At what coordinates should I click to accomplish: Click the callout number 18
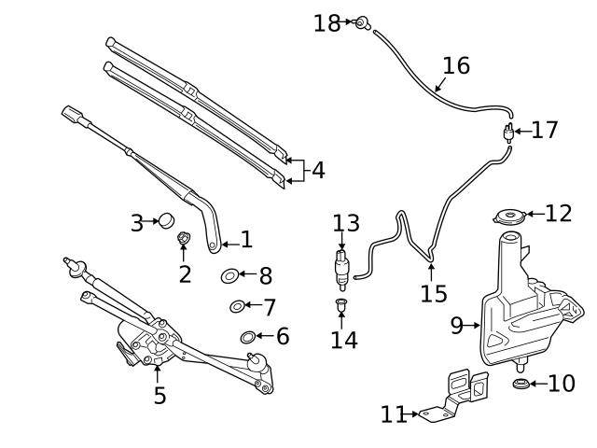(326, 23)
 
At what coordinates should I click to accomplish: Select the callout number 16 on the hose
(456, 66)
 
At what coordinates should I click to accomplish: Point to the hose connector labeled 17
(508, 132)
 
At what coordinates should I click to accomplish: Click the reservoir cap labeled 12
(508, 217)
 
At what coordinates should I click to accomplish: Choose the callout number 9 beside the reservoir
(457, 326)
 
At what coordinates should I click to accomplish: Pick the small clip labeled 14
(342, 305)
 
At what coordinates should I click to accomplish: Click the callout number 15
(434, 294)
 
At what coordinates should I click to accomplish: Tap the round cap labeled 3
(165, 221)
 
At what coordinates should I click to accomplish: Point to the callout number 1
(246, 240)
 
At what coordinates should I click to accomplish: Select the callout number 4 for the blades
(318, 171)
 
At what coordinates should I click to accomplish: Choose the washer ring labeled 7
(237, 306)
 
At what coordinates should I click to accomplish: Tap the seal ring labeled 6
(248, 337)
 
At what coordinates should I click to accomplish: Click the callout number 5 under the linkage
(160, 396)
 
